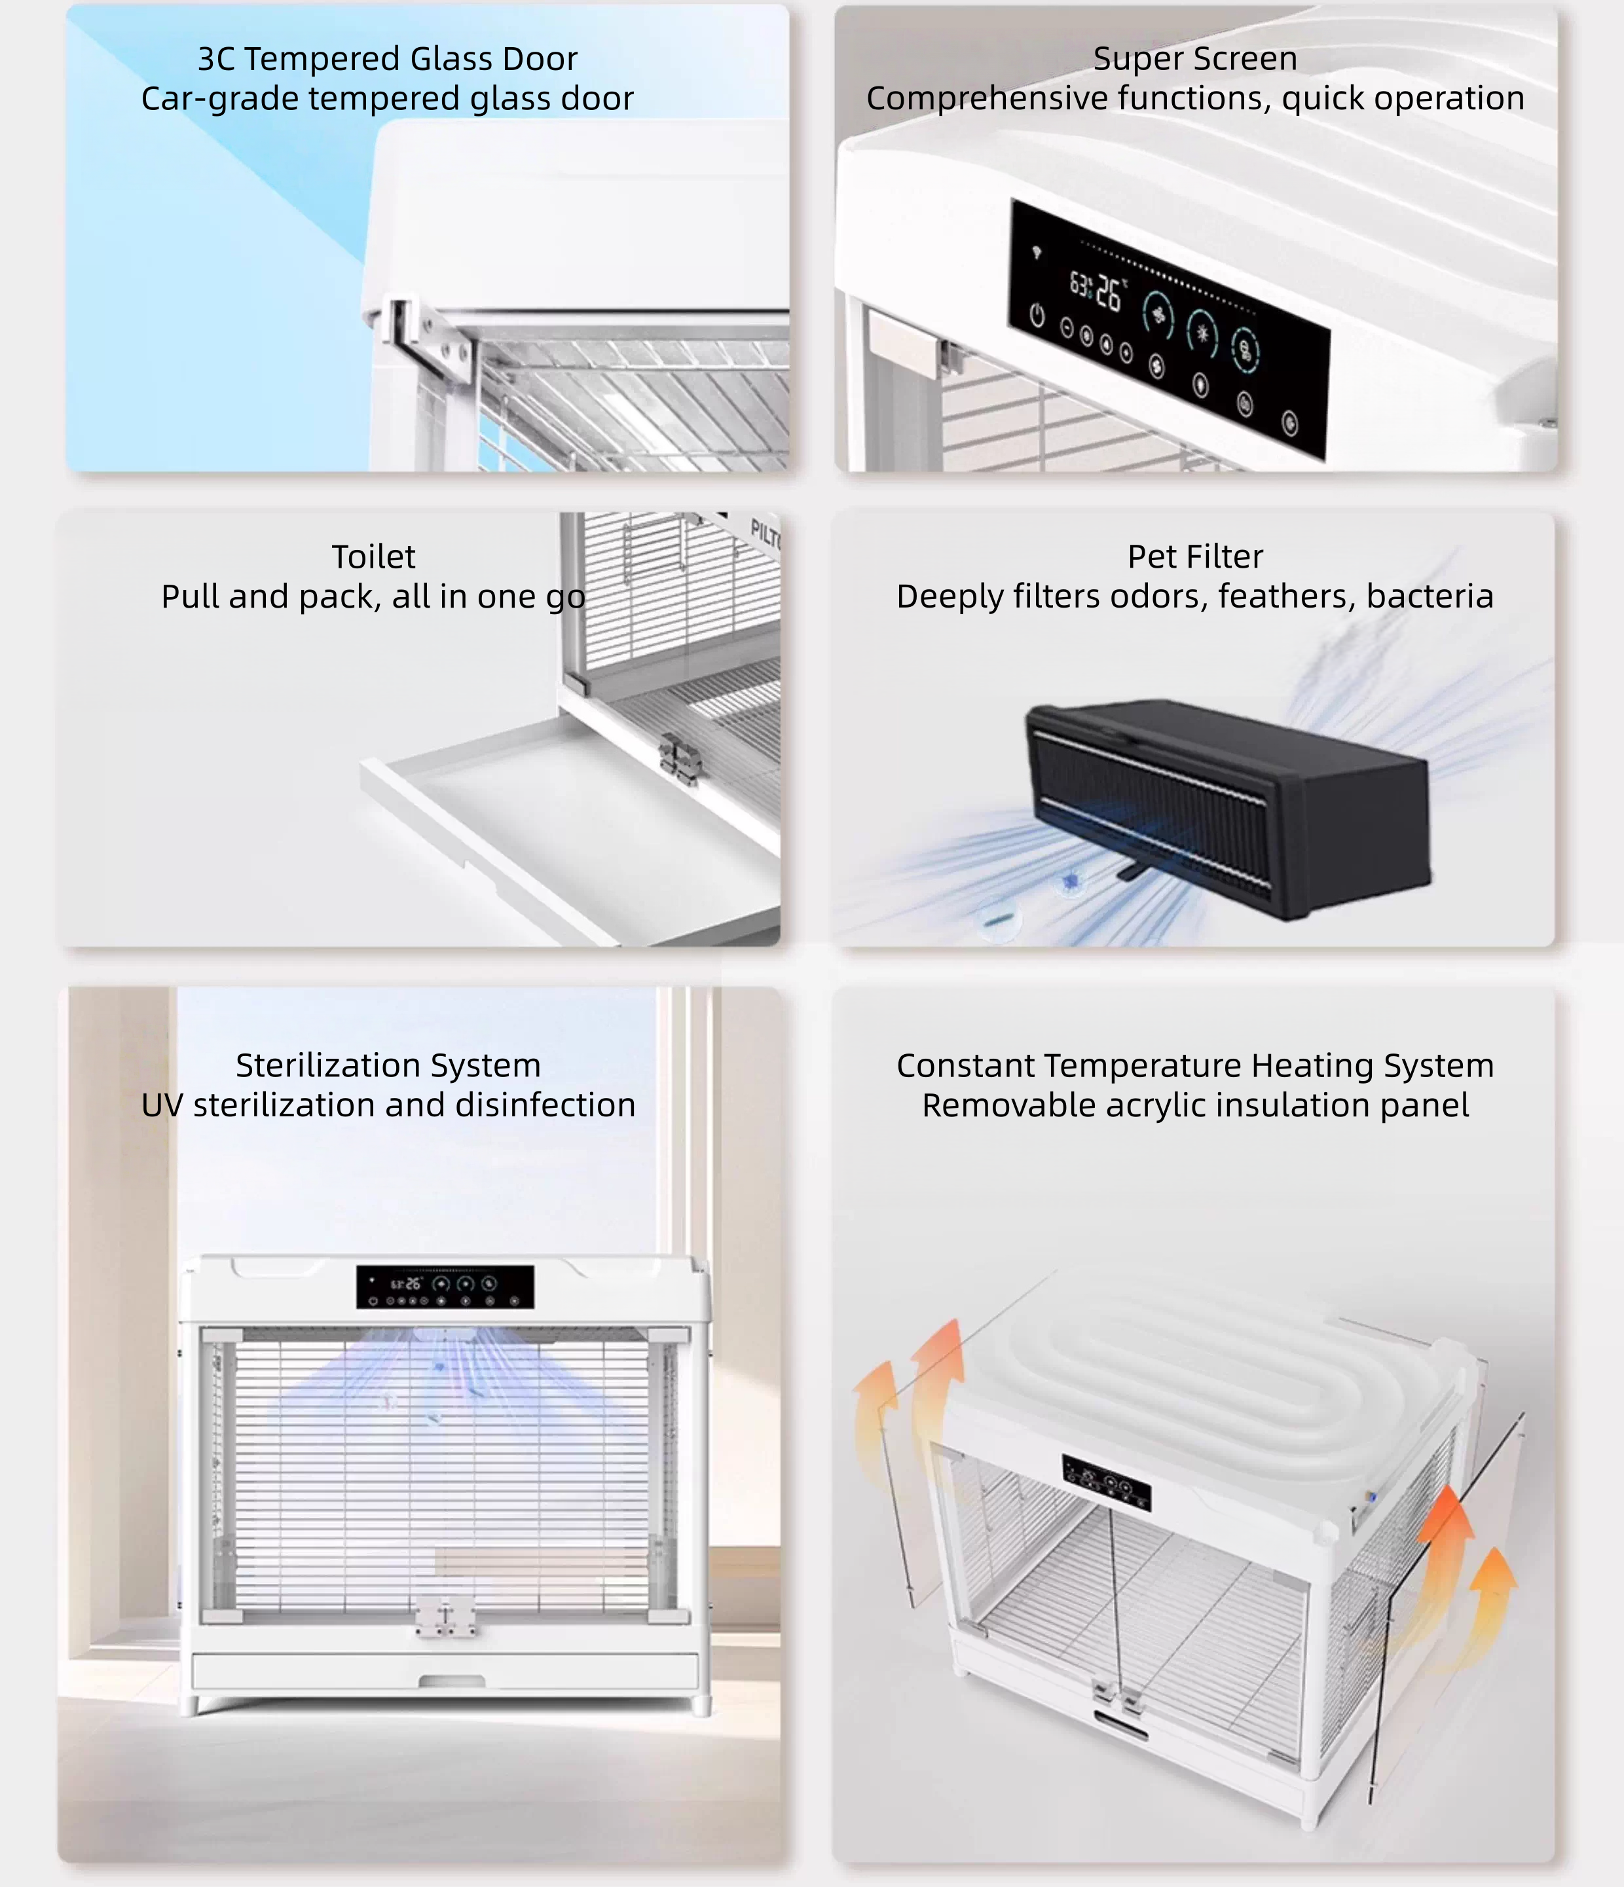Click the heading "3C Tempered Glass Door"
click(388, 59)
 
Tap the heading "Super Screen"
click(1195, 59)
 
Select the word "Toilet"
click(373, 557)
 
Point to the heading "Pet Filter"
click(1195, 557)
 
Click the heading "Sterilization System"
click(388, 1065)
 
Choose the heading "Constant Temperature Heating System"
click(1195, 1065)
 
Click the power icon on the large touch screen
click(1037, 315)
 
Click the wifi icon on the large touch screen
click(1037, 251)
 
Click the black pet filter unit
click(1228, 808)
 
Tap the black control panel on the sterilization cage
click(445, 1286)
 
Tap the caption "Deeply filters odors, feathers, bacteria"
click(1195, 596)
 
